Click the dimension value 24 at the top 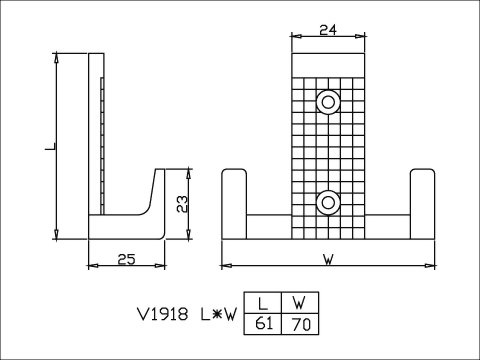click(328, 30)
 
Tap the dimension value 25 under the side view click(127, 259)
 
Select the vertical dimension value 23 click(182, 204)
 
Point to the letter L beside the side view click(51, 146)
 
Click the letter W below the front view click(329, 260)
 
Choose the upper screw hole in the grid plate click(328, 102)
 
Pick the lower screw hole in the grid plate click(328, 202)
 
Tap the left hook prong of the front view click(234, 204)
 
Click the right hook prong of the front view click(422, 204)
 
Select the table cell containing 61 click(263, 324)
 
